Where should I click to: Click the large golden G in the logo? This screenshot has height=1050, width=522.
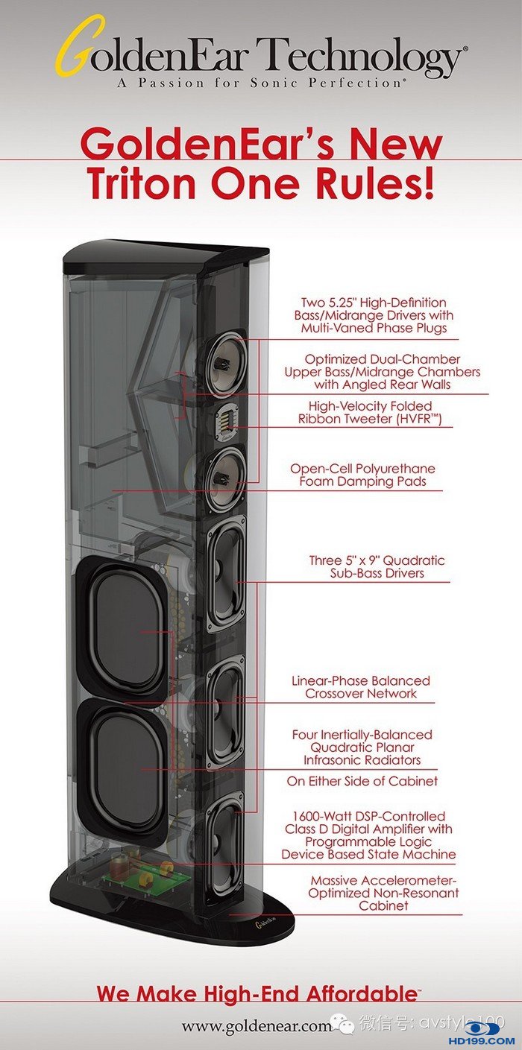(72, 54)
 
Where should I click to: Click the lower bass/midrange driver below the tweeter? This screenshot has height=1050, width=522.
(224, 478)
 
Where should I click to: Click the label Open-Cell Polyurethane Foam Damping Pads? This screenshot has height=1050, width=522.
(362, 475)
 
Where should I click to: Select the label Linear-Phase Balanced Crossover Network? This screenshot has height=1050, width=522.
(360, 687)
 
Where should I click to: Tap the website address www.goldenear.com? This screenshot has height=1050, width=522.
(257, 1025)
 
